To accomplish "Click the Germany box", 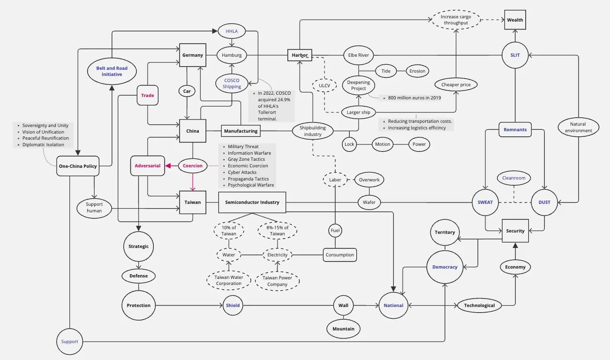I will click(x=193, y=55).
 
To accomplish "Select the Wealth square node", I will click(x=515, y=20).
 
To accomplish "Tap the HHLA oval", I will click(x=232, y=31).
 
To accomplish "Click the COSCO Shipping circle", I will click(x=232, y=83).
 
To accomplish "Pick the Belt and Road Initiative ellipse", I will click(x=112, y=71).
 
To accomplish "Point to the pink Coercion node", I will click(x=193, y=165).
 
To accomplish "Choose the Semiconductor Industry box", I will click(x=252, y=202).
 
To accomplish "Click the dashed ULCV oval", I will click(x=324, y=86).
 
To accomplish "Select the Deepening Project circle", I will click(x=359, y=85).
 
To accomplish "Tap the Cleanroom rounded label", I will click(x=514, y=178).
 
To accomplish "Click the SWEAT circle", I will click(x=485, y=202).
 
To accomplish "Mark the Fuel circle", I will click(x=335, y=231).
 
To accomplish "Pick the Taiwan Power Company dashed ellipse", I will click(x=277, y=281).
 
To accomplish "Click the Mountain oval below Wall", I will click(x=343, y=329).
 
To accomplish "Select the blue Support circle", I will click(x=69, y=341).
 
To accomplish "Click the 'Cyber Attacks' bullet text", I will click(x=242, y=172).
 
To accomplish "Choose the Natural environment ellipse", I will click(x=578, y=127).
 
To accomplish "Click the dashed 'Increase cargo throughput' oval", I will click(x=456, y=20).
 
